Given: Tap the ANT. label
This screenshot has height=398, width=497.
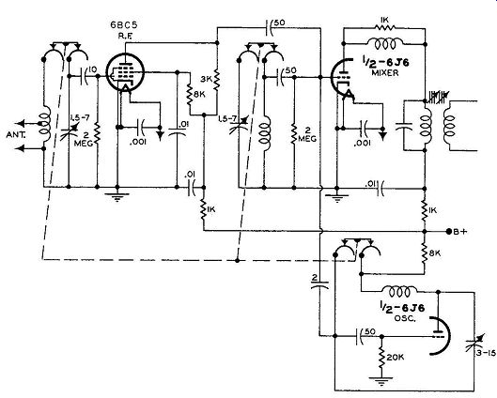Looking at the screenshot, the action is pyautogui.click(x=17, y=135).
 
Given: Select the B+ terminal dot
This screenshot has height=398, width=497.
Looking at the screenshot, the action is pyautogui.click(x=449, y=231).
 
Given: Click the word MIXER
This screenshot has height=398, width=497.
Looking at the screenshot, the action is pyautogui.click(x=385, y=73).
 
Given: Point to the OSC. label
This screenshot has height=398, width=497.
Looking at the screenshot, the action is pyautogui.click(x=405, y=318).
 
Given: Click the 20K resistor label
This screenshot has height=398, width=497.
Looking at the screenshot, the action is pyautogui.click(x=396, y=357).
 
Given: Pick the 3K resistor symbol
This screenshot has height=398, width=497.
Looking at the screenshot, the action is pyautogui.click(x=217, y=79).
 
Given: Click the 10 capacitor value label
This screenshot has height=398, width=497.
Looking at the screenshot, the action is pyautogui.click(x=93, y=69).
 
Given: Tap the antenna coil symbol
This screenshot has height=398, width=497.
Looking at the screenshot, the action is pyautogui.click(x=45, y=124).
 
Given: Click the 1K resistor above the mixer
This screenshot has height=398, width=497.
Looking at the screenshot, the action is pyautogui.click(x=385, y=28).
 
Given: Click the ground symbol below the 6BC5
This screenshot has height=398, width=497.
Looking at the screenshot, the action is pyautogui.click(x=116, y=196).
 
